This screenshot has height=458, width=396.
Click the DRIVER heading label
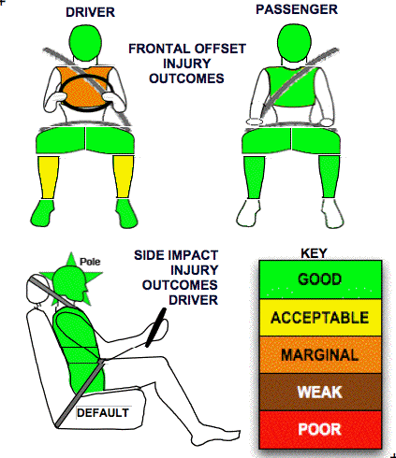90,12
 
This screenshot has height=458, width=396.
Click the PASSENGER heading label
297,9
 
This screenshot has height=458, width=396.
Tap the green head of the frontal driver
85,43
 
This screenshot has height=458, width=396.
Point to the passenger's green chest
291,87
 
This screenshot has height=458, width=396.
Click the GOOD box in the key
320,279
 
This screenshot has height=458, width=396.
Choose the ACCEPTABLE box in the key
320,318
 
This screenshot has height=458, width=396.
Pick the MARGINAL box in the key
320,354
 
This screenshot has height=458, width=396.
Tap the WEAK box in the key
320,392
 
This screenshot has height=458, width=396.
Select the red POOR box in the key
320,430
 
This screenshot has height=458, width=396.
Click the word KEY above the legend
314,253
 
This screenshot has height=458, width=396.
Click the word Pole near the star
90,262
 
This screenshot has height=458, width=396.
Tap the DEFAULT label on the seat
103,413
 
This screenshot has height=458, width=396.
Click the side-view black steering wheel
155,327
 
